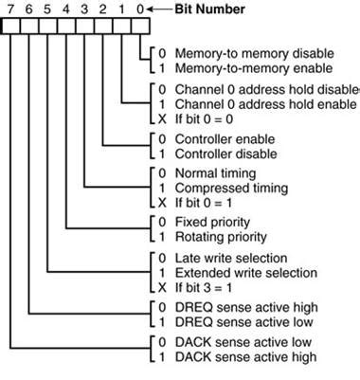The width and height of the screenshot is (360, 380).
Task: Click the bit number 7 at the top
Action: pyautogui.click(x=11, y=9)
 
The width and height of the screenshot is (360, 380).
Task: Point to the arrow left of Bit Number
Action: pyautogui.click(x=160, y=9)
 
